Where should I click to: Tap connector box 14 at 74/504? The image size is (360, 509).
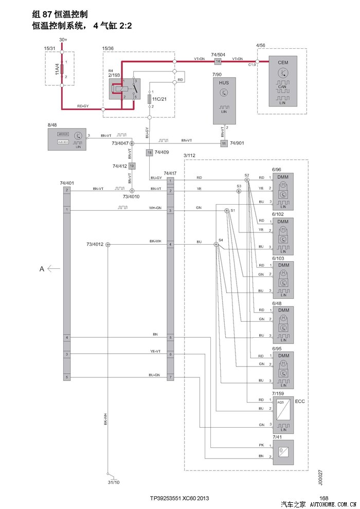click(218, 62)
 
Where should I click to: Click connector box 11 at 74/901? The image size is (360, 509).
click(224, 142)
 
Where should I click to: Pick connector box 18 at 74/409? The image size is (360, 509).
click(149, 152)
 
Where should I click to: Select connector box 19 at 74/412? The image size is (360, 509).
click(132, 166)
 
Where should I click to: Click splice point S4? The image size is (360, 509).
click(217, 245)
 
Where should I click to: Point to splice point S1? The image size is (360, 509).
click(226, 211)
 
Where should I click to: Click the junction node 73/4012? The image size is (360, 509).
click(108, 245)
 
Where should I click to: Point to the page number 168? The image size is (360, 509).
click(323, 498)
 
